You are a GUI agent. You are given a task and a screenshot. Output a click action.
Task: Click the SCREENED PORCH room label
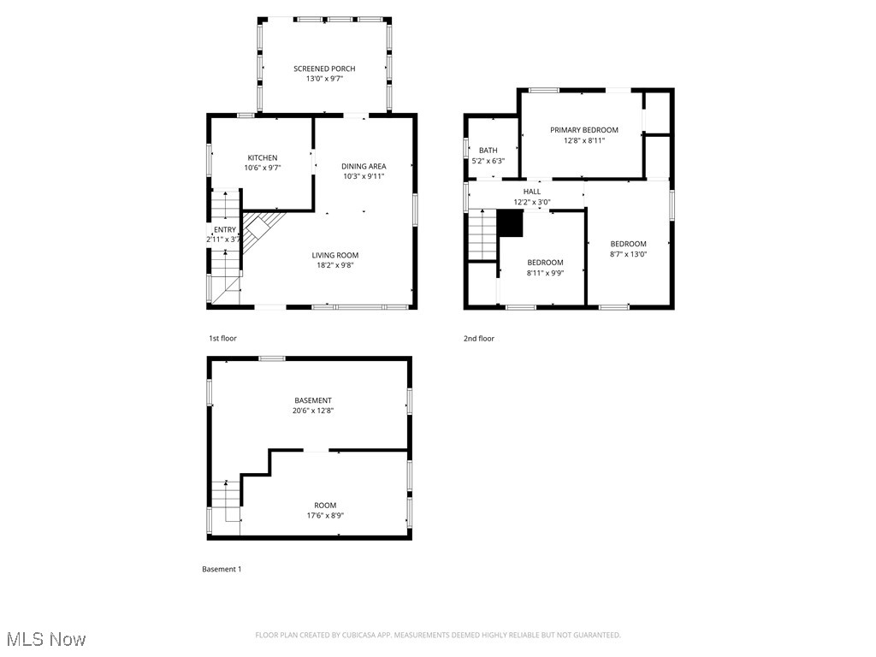click(324, 68)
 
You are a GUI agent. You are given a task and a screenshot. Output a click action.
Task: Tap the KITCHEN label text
click(263, 157)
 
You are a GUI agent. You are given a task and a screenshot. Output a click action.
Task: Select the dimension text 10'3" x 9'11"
click(364, 176)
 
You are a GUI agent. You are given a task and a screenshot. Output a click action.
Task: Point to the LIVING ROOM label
click(334, 255)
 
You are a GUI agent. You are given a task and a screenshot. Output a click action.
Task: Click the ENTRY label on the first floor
click(225, 229)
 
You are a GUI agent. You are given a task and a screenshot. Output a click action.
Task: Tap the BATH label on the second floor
click(488, 151)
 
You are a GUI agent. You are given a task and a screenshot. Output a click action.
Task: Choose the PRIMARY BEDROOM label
click(583, 130)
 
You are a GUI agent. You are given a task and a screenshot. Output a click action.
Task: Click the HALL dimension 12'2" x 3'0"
click(531, 202)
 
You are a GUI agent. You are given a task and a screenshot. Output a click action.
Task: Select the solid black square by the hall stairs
click(510, 223)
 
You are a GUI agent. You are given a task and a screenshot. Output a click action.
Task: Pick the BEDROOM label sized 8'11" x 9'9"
click(545, 263)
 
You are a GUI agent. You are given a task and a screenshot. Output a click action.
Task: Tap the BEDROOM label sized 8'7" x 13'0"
click(628, 244)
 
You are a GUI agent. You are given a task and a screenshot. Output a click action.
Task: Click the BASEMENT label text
click(313, 400)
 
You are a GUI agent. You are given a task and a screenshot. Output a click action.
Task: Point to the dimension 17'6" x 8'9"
click(325, 515)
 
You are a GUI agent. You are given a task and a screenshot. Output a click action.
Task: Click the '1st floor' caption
click(222, 339)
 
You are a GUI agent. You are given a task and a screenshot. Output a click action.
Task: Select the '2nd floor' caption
click(479, 339)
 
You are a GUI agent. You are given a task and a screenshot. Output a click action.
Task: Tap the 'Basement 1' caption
click(222, 569)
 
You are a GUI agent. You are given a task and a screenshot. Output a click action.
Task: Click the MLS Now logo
click(44, 639)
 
